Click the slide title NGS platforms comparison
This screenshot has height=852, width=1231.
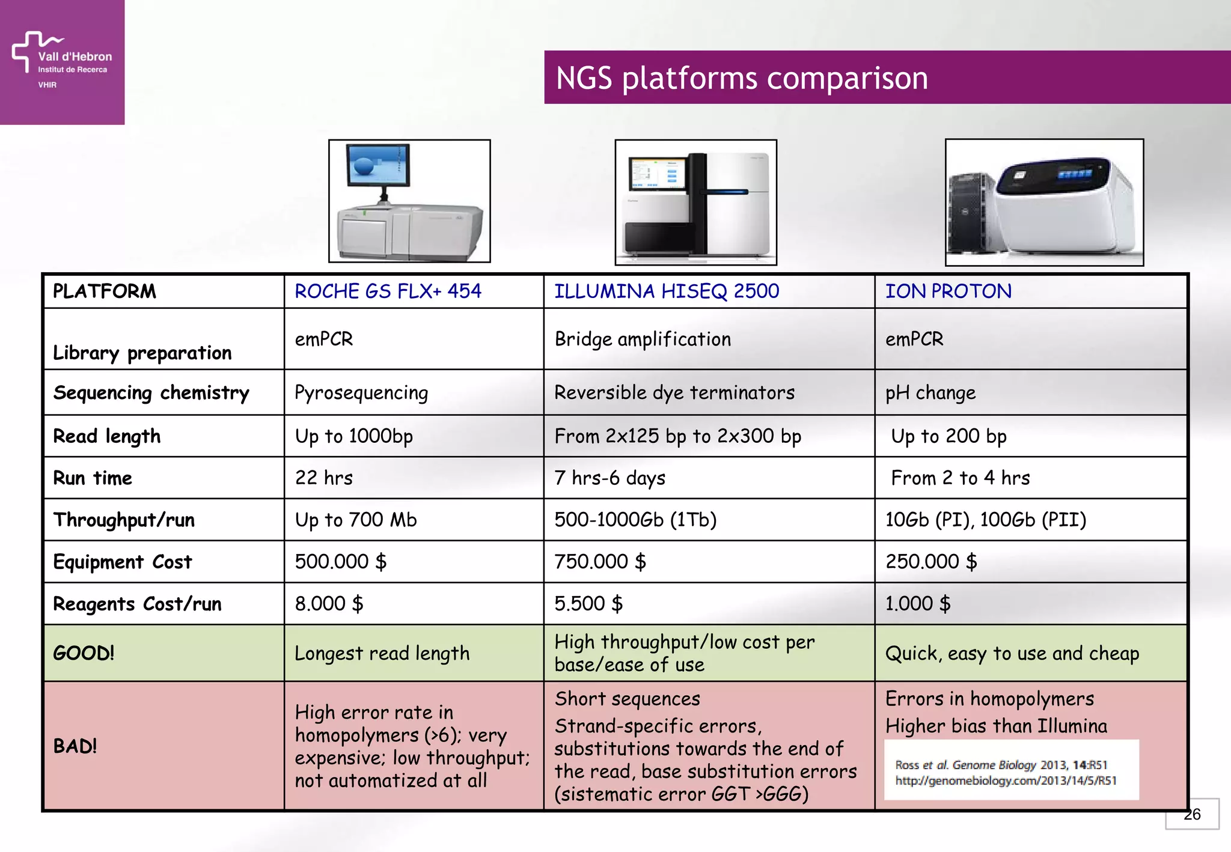pyautogui.click(x=741, y=78)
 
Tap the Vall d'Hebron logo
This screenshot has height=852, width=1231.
pyautogui.click(x=62, y=61)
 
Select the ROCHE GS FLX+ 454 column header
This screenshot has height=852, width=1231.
pyautogui.click(x=388, y=291)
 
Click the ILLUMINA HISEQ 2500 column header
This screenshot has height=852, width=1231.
pyautogui.click(x=666, y=291)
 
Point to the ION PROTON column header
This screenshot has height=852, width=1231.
pyautogui.click(x=948, y=291)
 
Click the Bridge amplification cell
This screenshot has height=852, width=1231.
pyautogui.click(x=643, y=339)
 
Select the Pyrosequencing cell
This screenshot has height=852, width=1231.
pyautogui.click(x=361, y=393)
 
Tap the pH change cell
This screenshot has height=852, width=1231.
pyautogui.click(x=930, y=393)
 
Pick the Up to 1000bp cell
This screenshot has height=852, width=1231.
pyautogui.click(x=353, y=436)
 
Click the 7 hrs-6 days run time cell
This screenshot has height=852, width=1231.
pyautogui.click(x=609, y=478)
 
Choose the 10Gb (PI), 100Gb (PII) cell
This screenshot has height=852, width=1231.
pyautogui.click(x=985, y=520)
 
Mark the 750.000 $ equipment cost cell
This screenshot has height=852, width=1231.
pyautogui.click(x=600, y=562)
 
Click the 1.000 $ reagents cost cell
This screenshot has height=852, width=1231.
pyautogui.click(x=917, y=603)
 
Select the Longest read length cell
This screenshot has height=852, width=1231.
pyautogui.click(x=382, y=653)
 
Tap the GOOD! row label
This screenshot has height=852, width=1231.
pyautogui.click(x=84, y=653)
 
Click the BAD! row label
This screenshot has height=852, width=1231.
pyautogui.click(x=75, y=746)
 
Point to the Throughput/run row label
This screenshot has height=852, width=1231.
pyautogui.click(x=124, y=520)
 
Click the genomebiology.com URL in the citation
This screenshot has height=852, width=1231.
pyautogui.click(x=1005, y=780)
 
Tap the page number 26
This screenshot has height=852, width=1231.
pyautogui.click(x=1192, y=815)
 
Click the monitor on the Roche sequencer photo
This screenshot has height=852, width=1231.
pyautogui.click(x=378, y=166)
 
